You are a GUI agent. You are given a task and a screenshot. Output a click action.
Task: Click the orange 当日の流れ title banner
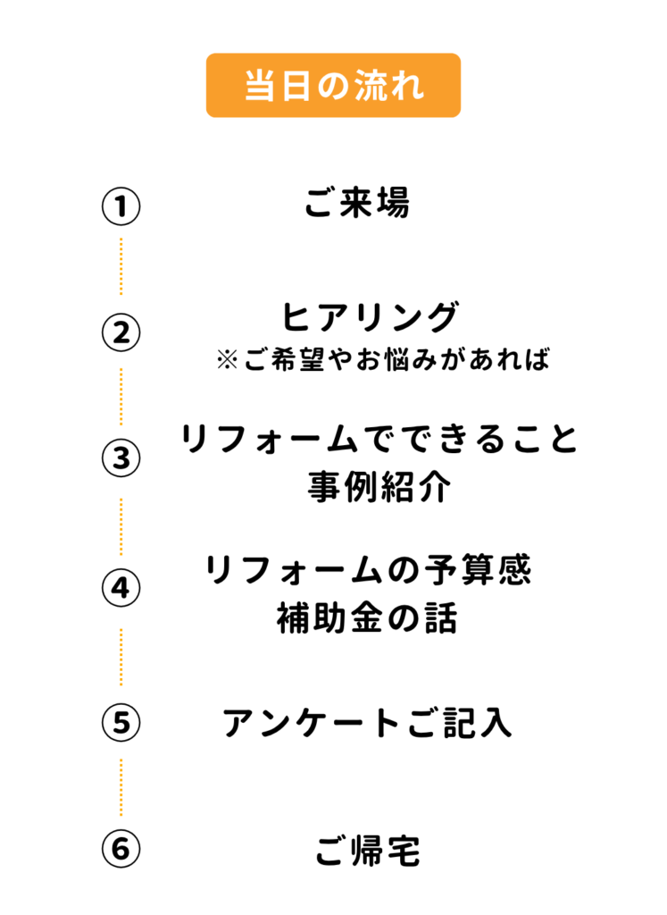[x=333, y=86]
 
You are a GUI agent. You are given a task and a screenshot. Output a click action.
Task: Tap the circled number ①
[x=121, y=206]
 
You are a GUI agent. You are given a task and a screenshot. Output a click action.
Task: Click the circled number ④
[x=121, y=588]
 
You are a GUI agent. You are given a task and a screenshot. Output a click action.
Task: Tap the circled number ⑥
[x=121, y=850]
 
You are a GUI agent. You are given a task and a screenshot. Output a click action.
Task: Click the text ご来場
[x=355, y=204]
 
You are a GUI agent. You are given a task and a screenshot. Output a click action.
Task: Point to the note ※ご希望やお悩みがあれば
[x=380, y=360]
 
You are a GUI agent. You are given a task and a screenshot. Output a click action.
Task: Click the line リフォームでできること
[x=379, y=441]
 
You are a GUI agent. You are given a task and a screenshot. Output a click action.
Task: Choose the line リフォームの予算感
[x=369, y=570]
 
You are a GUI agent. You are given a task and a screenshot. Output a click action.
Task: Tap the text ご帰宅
[x=367, y=851]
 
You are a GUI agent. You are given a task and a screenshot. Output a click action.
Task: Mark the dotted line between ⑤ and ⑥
[x=121, y=786]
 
